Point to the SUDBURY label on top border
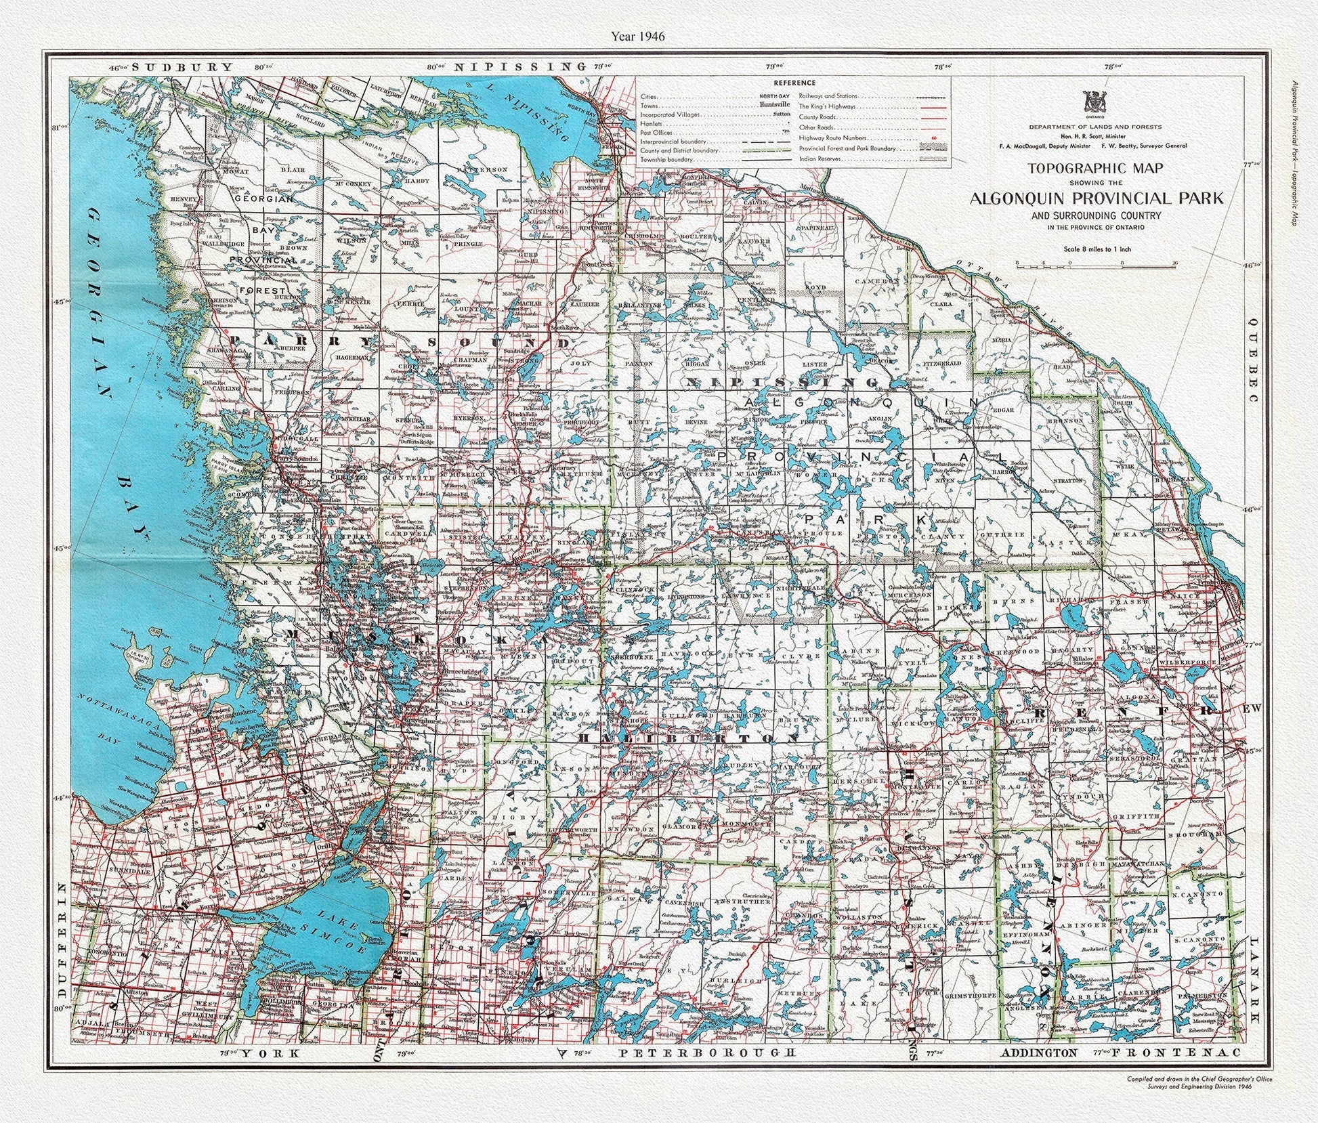pyautogui.click(x=182, y=67)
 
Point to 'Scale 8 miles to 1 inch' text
pyautogui.click(x=1095, y=249)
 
